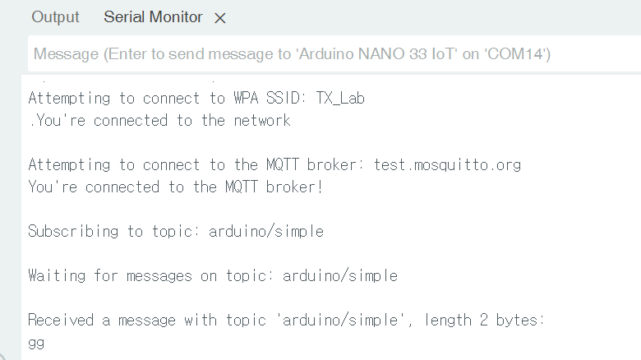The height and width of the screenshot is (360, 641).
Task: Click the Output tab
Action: coord(56,17)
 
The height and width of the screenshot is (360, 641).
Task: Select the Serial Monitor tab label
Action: coord(153,17)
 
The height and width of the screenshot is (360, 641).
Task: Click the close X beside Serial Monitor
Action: coord(219,18)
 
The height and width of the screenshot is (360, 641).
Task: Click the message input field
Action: coord(329,55)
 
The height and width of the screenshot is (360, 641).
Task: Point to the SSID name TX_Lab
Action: coord(339,99)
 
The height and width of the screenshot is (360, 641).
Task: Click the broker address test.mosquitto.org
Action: coord(447,164)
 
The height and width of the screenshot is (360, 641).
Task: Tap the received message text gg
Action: coord(36,343)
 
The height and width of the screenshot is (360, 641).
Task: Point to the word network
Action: coord(258,121)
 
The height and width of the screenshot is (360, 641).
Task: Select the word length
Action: coord(449,320)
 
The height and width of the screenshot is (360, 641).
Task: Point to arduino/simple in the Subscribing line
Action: coord(266,231)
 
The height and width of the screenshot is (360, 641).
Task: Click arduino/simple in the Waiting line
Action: coord(340,275)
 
